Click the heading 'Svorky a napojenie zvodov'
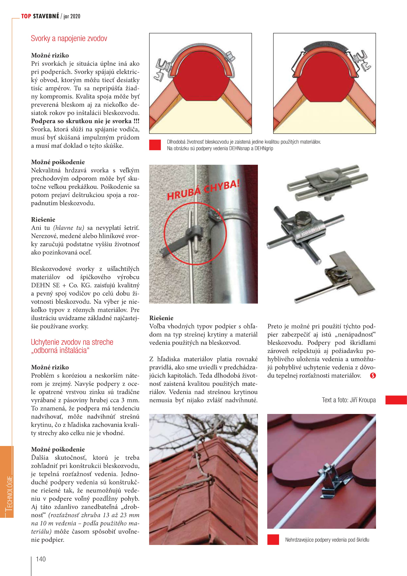click(x=69, y=38)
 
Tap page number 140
click(x=41, y=559)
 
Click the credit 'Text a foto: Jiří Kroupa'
click(x=349, y=400)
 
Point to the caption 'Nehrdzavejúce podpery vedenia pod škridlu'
click(x=327, y=540)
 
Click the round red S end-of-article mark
click(x=373, y=376)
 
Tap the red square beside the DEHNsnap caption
click(x=155, y=145)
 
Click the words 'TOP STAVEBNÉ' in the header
click(x=40, y=16)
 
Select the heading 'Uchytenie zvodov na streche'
click(x=72, y=342)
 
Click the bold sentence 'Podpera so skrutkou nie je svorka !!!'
click(x=85, y=121)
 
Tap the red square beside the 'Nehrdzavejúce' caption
click(x=273, y=540)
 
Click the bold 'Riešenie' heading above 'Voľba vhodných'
click(x=161, y=318)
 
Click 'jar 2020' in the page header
click(x=72, y=16)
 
